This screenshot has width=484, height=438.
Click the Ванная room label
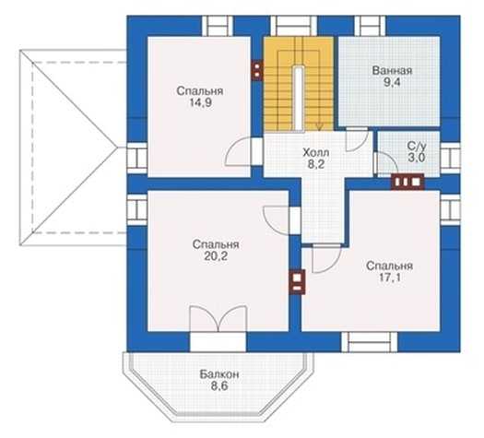(x=392, y=70)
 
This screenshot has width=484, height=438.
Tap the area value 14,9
(x=201, y=102)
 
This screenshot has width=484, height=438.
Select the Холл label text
(x=316, y=152)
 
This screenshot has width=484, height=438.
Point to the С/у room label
(x=417, y=146)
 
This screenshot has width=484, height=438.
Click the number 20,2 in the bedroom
(x=216, y=256)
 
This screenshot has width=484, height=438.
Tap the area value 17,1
(x=390, y=278)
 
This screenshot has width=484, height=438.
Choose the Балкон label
(x=219, y=374)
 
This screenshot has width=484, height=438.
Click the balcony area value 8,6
(x=219, y=386)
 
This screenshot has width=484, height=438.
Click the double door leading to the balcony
(x=218, y=319)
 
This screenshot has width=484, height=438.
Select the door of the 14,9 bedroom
(x=239, y=151)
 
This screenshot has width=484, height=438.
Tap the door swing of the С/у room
(x=386, y=162)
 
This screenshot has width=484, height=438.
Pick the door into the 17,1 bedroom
(x=326, y=258)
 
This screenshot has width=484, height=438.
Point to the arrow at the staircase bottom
(x=319, y=126)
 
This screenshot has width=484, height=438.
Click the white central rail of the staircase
(x=299, y=99)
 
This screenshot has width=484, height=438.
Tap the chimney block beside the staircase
(x=257, y=70)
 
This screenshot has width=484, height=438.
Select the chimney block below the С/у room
(x=407, y=182)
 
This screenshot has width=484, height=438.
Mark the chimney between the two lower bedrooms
(x=297, y=282)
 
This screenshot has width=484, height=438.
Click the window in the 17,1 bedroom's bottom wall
(x=370, y=342)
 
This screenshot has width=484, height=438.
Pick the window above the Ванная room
(x=370, y=26)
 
